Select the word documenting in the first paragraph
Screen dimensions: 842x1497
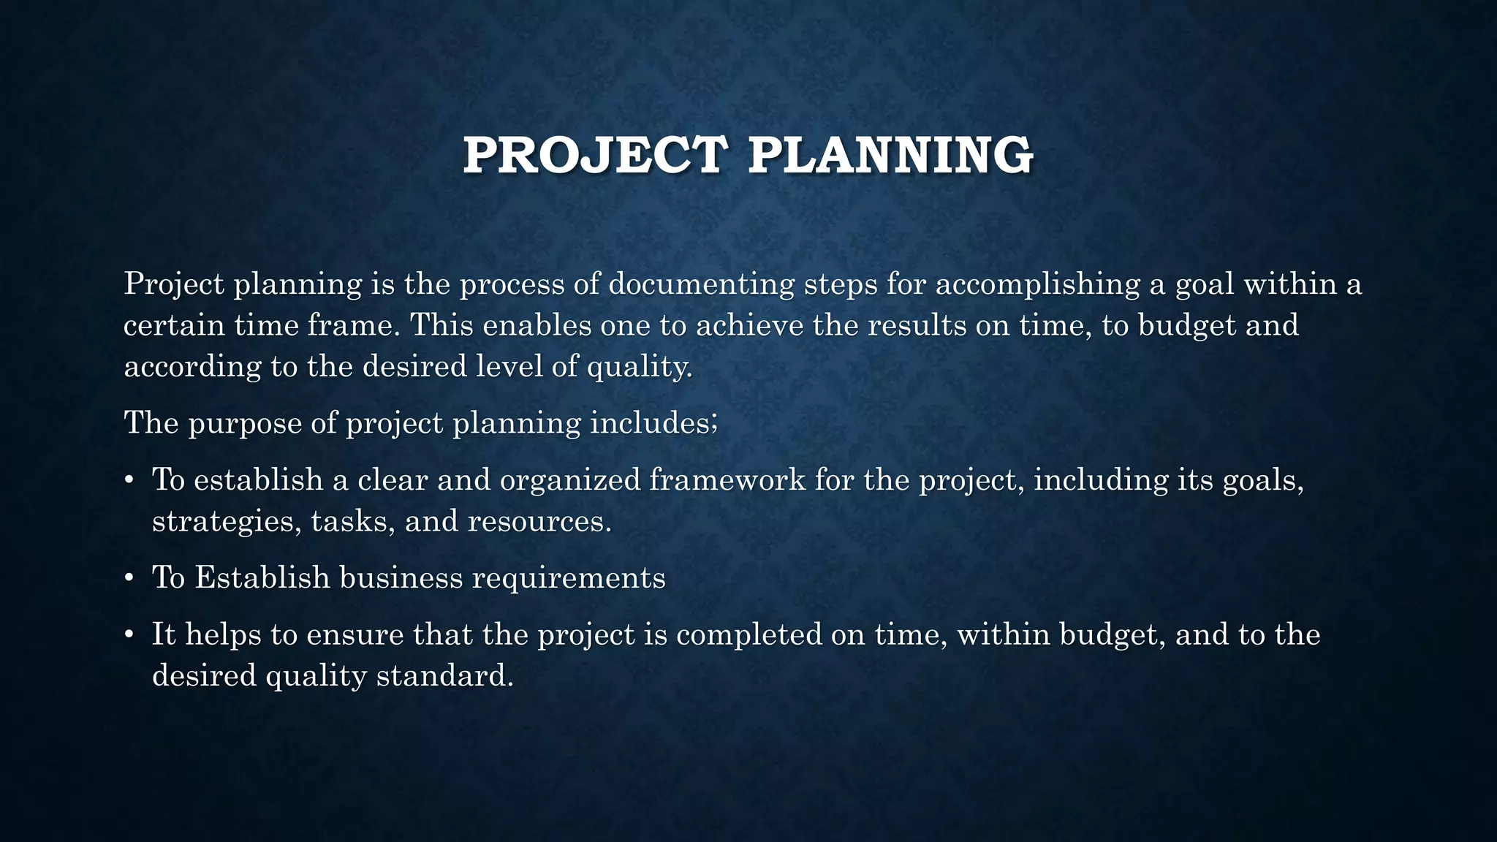(x=701, y=284)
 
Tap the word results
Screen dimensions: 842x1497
(x=917, y=325)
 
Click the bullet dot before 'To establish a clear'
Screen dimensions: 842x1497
(x=129, y=481)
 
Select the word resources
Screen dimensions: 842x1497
(x=539, y=522)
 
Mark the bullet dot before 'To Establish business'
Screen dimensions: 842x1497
(x=129, y=579)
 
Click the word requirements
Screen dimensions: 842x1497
(x=569, y=579)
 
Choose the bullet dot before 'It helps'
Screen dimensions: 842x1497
(x=129, y=635)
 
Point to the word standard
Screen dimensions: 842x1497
(x=444, y=675)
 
